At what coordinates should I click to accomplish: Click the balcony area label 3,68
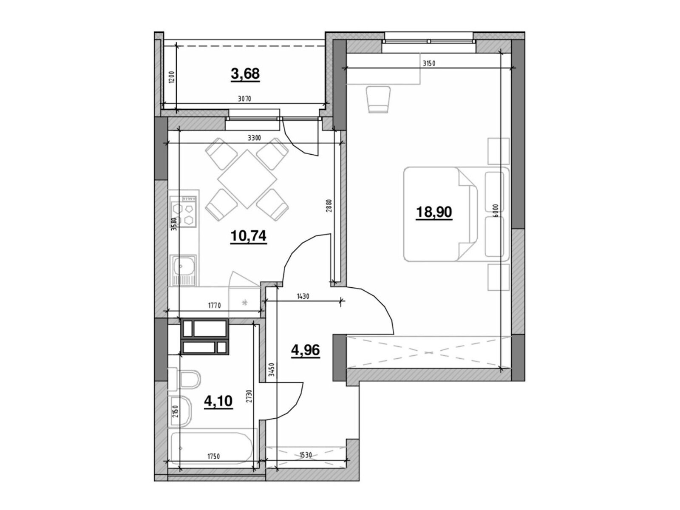click(x=245, y=74)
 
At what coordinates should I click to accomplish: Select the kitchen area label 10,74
click(x=249, y=236)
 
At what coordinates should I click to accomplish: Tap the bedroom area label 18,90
click(x=434, y=212)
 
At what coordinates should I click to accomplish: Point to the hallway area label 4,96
click(x=305, y=351)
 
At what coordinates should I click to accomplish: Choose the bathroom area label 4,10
click(x=218, y=401)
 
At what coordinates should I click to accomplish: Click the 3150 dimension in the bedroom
click(x=429, y=64)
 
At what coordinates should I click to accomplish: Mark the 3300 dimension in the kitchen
click(x=254, y=138)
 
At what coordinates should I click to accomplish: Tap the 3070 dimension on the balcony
click(x=244, y=99)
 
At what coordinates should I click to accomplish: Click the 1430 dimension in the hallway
click(x=303, y=296)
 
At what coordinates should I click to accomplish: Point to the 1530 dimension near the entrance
click(x=305, y=456)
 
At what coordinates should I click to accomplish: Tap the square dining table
click(x=247, y=179)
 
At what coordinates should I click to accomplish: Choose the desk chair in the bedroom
click(x=378, y=100)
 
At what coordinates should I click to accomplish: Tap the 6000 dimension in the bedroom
click(x=496, y=210)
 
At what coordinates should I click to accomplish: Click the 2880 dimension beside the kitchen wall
click(x=329, y=205)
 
